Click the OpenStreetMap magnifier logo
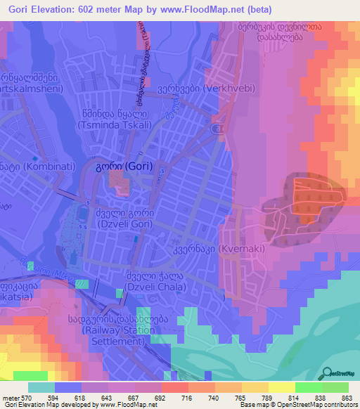coord(328,373)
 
